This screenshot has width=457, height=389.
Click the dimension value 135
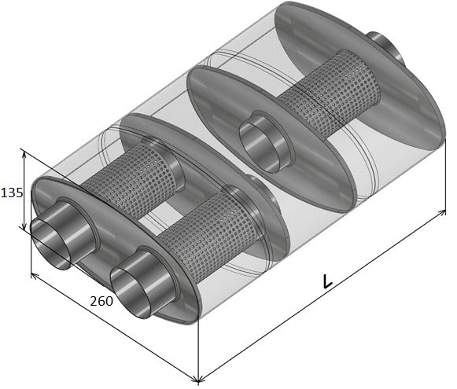point(12,193)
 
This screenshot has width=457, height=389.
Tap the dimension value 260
point(101,301)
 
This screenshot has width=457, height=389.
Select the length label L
point(327,281)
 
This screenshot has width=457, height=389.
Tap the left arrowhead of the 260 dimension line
point(35,276)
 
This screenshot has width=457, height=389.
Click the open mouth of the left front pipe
point(50,244)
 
